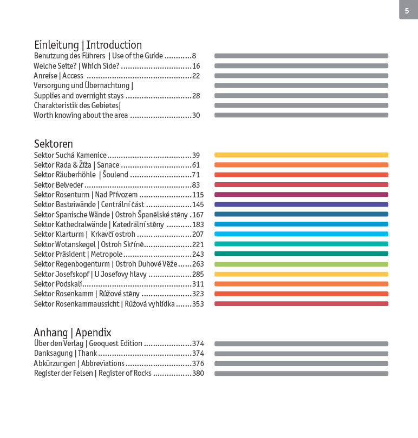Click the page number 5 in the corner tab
point(407,10)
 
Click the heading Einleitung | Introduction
point(88,45)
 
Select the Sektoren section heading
point(53,144)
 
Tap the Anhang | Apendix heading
point(72,333)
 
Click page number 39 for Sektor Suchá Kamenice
point(196,155)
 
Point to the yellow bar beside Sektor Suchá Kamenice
point(301,155)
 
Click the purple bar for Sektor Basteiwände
point(301,204)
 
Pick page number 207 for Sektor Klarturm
point(198,234)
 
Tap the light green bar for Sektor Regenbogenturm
point(301,264)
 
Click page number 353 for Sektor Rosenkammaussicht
point(198,304)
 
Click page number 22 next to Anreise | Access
point(196,76)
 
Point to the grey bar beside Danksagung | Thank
point(301,354)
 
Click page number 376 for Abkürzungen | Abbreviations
point(198,363)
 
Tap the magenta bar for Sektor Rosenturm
point(301,195)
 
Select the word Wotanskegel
point(75,244)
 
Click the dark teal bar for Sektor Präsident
point(301,254)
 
